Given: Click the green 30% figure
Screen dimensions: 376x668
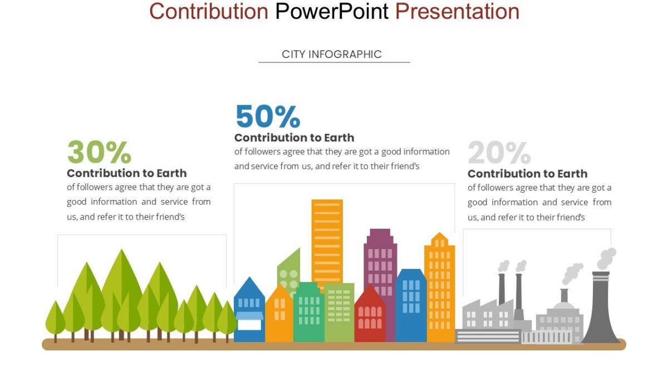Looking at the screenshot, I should [x=99, y=153].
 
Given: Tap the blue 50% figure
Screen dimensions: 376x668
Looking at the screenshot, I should [x=268, y=117].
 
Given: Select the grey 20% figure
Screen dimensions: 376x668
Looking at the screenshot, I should [x=499, y=153].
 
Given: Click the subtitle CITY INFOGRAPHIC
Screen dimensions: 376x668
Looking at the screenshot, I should [x=332, y=54].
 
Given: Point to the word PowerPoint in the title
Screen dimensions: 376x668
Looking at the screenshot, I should [x=332, y=11].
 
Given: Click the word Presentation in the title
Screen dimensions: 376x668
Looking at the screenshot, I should [x=457, y=11].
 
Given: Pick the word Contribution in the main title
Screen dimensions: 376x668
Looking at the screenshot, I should [x=209, y=11].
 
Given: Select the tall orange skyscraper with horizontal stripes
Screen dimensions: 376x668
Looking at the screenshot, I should [x=327, y=240].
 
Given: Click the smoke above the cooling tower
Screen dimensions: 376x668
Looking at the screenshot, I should [x=606, y=258].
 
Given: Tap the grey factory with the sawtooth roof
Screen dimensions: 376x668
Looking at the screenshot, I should [x=488, y=315].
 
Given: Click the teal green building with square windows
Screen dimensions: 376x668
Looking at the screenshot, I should [x=308, y=312].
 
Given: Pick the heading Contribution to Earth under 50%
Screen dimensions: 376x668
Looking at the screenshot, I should [x=294, y=138].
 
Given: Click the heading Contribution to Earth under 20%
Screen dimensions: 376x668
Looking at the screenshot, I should [x=527, y=174].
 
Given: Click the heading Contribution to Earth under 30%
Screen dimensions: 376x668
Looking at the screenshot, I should [x=126, y=173].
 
